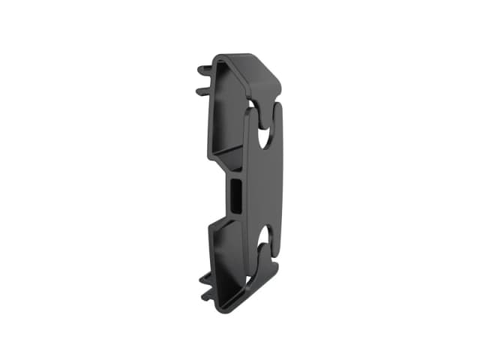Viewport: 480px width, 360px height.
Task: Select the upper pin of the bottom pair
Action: pyautogui.click(x=205, y=276)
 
